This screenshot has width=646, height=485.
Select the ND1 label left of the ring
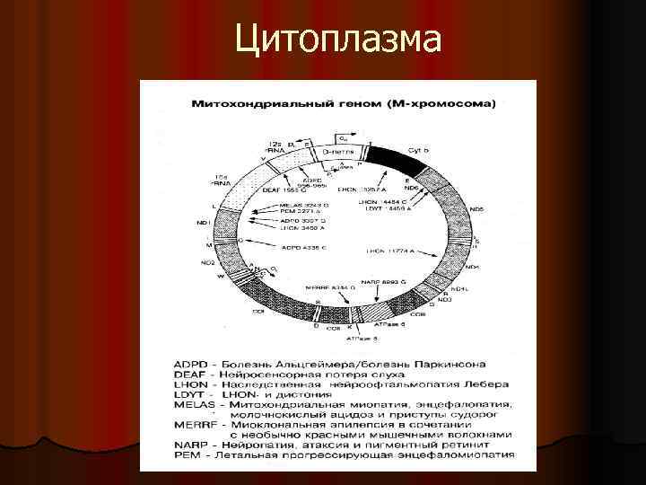[x=202, y=222]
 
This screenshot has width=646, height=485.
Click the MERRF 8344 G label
[x=326, y=287]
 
